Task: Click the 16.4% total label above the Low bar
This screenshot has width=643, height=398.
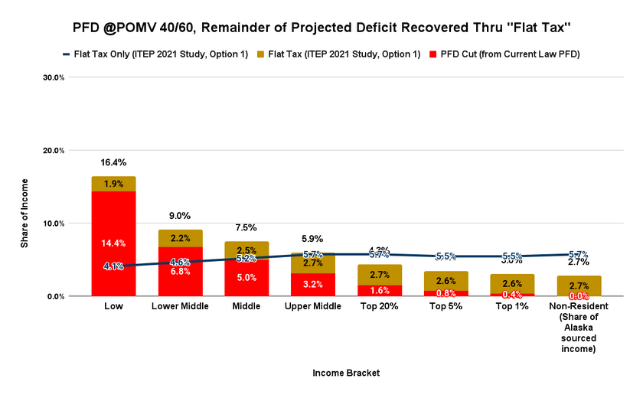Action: pos(113,162)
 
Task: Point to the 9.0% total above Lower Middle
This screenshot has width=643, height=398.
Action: pos(180,216)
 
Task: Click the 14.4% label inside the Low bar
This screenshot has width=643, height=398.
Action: pos(113,243)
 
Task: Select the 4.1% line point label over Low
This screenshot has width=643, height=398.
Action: pos(113,266)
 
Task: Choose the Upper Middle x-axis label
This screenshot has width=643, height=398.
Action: pos(313,307)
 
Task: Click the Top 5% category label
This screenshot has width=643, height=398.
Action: pos(446,307)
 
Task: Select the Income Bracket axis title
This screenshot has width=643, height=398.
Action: pos(345,373)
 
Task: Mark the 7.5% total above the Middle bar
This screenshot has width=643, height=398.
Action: pos(246,227)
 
